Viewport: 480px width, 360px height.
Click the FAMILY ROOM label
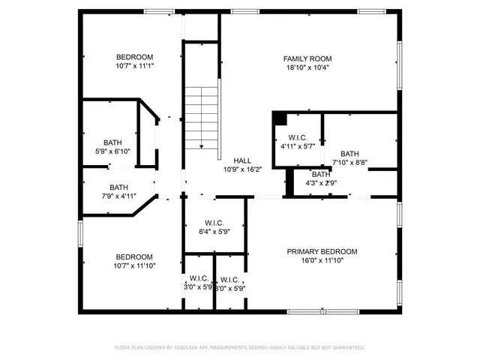click(307, 58)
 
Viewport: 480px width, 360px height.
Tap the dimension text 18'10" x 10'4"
click(307, 67)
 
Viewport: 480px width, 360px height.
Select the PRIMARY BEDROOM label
click(322, 251)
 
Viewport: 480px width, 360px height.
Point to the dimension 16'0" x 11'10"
click(322, 260)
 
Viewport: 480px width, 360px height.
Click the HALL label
click(242, 160)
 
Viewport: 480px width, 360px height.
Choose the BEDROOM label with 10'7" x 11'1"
click(134, 57)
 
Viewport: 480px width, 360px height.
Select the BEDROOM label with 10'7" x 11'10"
click(134, 256)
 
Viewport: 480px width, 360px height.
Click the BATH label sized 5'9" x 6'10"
click(112, 142)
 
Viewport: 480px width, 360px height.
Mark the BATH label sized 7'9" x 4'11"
click(118, 187)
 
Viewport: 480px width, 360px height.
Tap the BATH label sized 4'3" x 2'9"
click(320, 174)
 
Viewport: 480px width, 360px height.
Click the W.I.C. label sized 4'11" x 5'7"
click(296, 138)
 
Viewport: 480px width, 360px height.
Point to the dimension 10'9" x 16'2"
click(242, 169)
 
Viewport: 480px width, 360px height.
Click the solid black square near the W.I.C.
click(279, 118)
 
